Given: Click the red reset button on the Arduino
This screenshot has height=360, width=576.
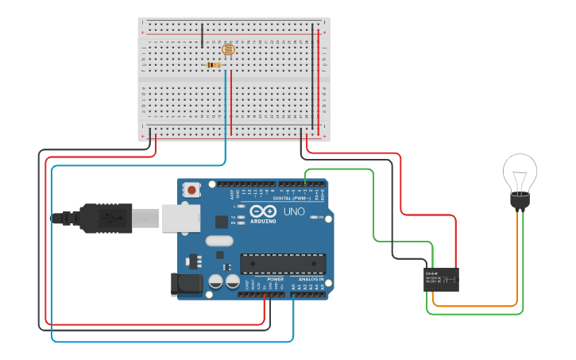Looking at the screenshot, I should (x=191, y=190).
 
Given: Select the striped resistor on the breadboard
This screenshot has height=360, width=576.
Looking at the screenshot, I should (x=215, y=64).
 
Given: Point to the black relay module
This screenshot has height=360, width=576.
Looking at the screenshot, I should (x=441, y=280).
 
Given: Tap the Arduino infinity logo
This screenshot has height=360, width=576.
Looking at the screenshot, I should (x=261, y=211).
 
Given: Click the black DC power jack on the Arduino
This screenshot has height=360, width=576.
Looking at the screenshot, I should (x=184, y=285).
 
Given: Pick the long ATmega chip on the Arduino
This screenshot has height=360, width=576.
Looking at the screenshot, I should (x=283, y=264).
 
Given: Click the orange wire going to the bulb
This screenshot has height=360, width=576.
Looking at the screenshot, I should (x=477, y=306).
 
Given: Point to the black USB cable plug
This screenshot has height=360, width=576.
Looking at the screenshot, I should (x=103, y=218).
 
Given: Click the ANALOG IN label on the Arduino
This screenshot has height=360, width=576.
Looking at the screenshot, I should (x=311, y=280).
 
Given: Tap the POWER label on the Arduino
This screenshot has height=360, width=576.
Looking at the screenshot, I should (x=275, y=280).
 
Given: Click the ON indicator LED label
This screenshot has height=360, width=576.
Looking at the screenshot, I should (x=320, y=217).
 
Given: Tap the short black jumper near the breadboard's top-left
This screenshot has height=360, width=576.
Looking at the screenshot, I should (x=202, y=36).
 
